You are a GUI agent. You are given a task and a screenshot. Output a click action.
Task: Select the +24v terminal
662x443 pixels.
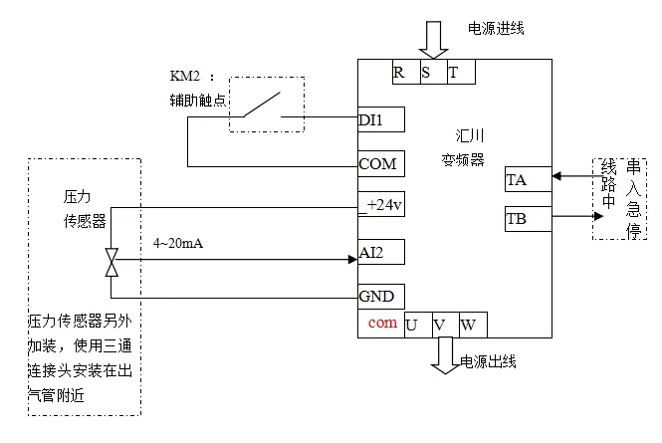(380, 205)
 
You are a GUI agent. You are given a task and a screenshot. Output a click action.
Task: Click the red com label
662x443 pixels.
(381, 324)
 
